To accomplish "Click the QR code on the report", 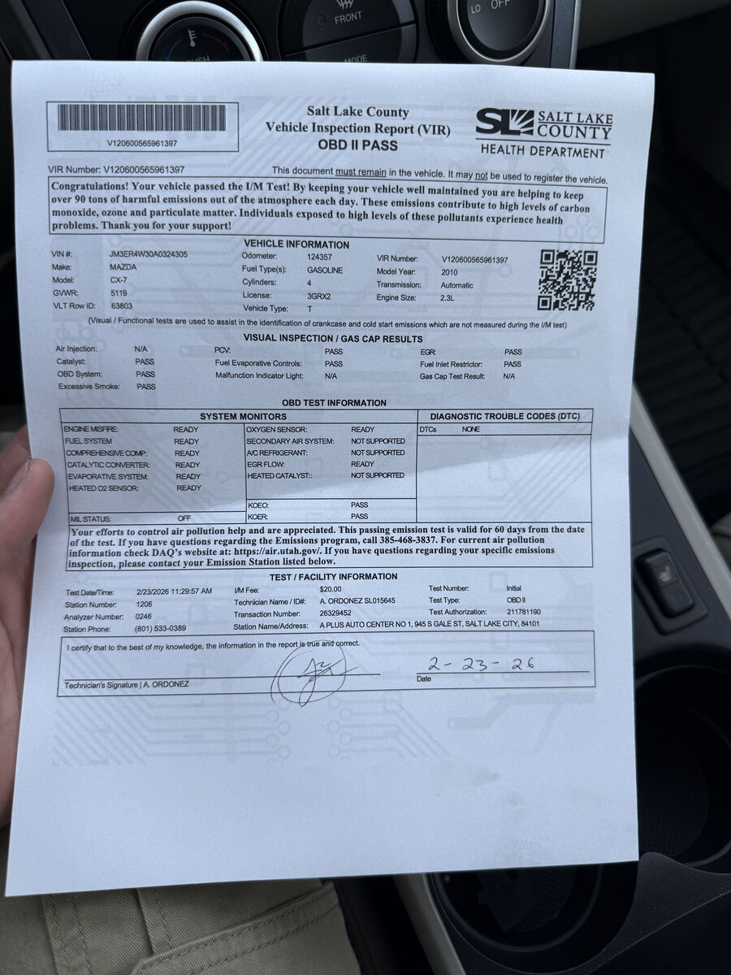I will click(567, 279).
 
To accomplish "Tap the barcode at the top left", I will click(142, 119).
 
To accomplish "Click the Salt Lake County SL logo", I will click(504, 123).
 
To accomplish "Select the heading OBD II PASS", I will click(357, 145).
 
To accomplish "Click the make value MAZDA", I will click(123, 267).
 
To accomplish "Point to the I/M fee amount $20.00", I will click(331, 589).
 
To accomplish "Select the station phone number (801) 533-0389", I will click(161, 628).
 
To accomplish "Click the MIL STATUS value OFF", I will click(184, 518).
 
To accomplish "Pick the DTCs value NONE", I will click(471, 429).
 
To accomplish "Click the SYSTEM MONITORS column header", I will click(243, 417).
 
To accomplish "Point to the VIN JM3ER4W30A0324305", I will click(149, 254).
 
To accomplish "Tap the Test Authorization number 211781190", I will click(524, 612).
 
